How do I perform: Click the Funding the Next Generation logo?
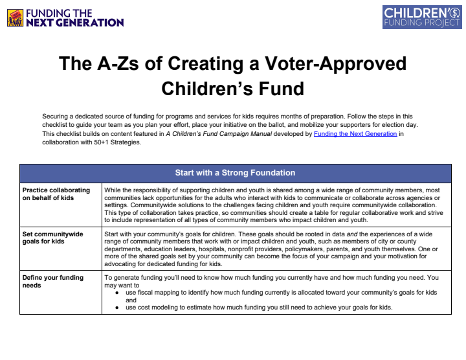point(65,17)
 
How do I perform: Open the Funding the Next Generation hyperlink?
point(355,133)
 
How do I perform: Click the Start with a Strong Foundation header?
point(235,173)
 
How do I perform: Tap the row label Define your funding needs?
point(52,282)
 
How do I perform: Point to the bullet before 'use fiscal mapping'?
point(116,293)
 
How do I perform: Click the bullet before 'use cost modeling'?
point(116,307)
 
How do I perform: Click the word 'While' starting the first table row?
point(113,189)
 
